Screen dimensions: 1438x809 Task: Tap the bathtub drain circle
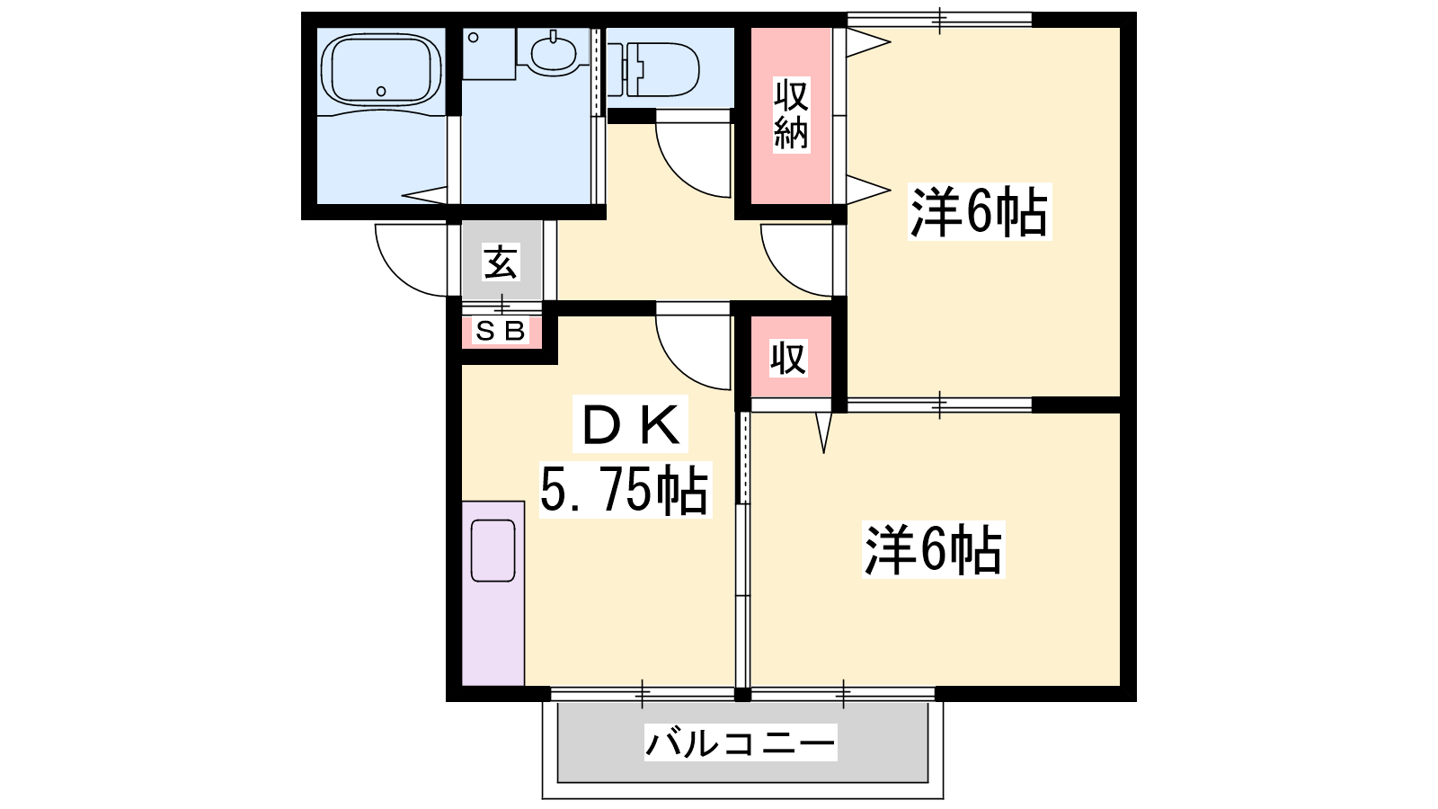[381, 91]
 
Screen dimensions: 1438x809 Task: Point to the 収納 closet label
[791, 114]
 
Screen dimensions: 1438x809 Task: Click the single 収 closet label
[789, 359]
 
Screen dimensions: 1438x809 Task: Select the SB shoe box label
[501, 332]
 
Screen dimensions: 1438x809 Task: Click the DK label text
[630, 423]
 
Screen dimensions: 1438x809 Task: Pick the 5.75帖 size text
[625, 489]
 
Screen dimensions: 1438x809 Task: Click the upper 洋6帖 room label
[980, 212]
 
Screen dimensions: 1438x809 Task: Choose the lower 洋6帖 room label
[934, 550]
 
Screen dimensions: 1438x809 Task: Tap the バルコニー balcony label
[741, 742]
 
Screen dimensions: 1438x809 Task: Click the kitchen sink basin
[493, 550]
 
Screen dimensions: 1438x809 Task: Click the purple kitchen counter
[493, 593]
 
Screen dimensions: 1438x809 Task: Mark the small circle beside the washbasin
[473, 37]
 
